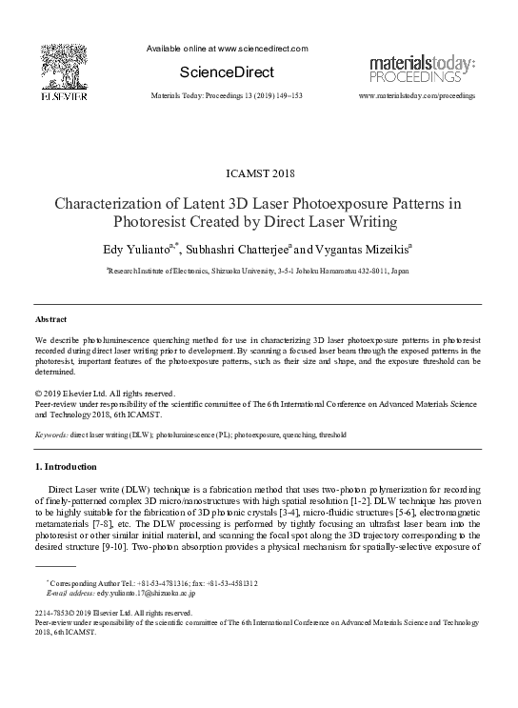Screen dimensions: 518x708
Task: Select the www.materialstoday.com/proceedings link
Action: [416, 97]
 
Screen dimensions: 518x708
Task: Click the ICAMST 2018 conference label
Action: [257, 172]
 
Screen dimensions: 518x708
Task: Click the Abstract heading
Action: [50, 321]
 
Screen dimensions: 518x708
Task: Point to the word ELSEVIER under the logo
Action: [64, 97]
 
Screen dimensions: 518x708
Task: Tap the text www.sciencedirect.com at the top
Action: [257, 49]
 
